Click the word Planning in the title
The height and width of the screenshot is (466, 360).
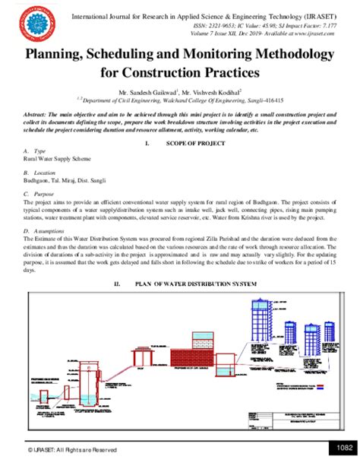[63, 56]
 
